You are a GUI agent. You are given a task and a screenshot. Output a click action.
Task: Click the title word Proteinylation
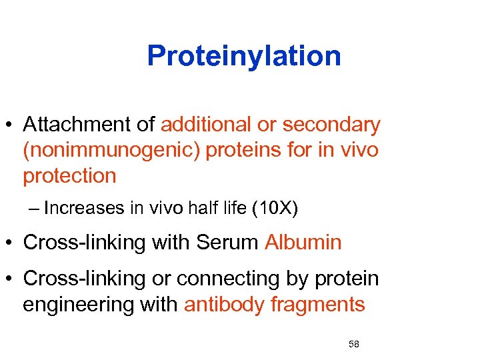(x=244, y=56)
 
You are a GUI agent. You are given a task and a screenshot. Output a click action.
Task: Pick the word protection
(x=69, y=176)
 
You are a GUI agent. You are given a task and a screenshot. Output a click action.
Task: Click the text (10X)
(x=275, y=208)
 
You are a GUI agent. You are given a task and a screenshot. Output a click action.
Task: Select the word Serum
(x=227, y=242)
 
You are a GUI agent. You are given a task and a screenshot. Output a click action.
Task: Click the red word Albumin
(x=303, y=242)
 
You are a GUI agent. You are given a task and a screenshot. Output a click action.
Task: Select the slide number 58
(x=353, y=344)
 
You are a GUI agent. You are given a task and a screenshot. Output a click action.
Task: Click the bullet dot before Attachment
(x=10, y=125)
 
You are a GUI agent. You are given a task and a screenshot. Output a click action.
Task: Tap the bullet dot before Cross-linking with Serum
(x=10, y=243)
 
